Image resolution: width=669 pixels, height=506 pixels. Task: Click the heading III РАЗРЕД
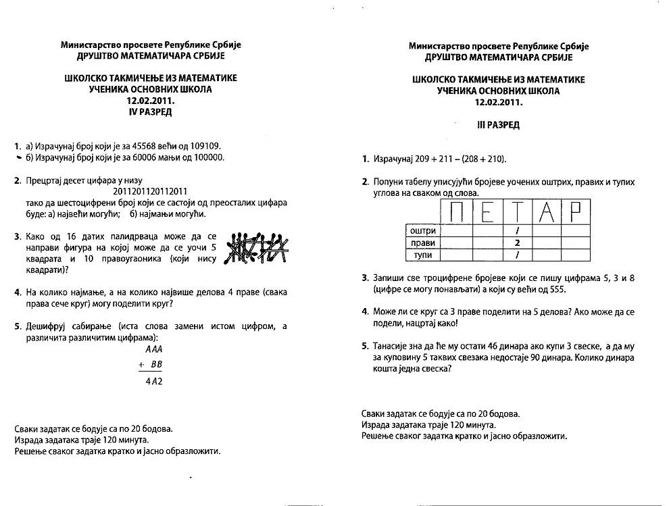point(499,125)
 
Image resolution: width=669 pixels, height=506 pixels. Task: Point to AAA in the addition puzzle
point(155,350)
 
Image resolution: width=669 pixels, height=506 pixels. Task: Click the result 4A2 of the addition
point(154,381)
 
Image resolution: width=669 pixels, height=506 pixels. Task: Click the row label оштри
point(424,231)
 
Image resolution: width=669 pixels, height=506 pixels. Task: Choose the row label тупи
point(424,255)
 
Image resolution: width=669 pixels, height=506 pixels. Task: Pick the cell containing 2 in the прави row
point(517,243)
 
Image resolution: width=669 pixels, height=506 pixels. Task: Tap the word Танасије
point(393,346)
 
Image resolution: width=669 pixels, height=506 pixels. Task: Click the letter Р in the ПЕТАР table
point(576,212)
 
